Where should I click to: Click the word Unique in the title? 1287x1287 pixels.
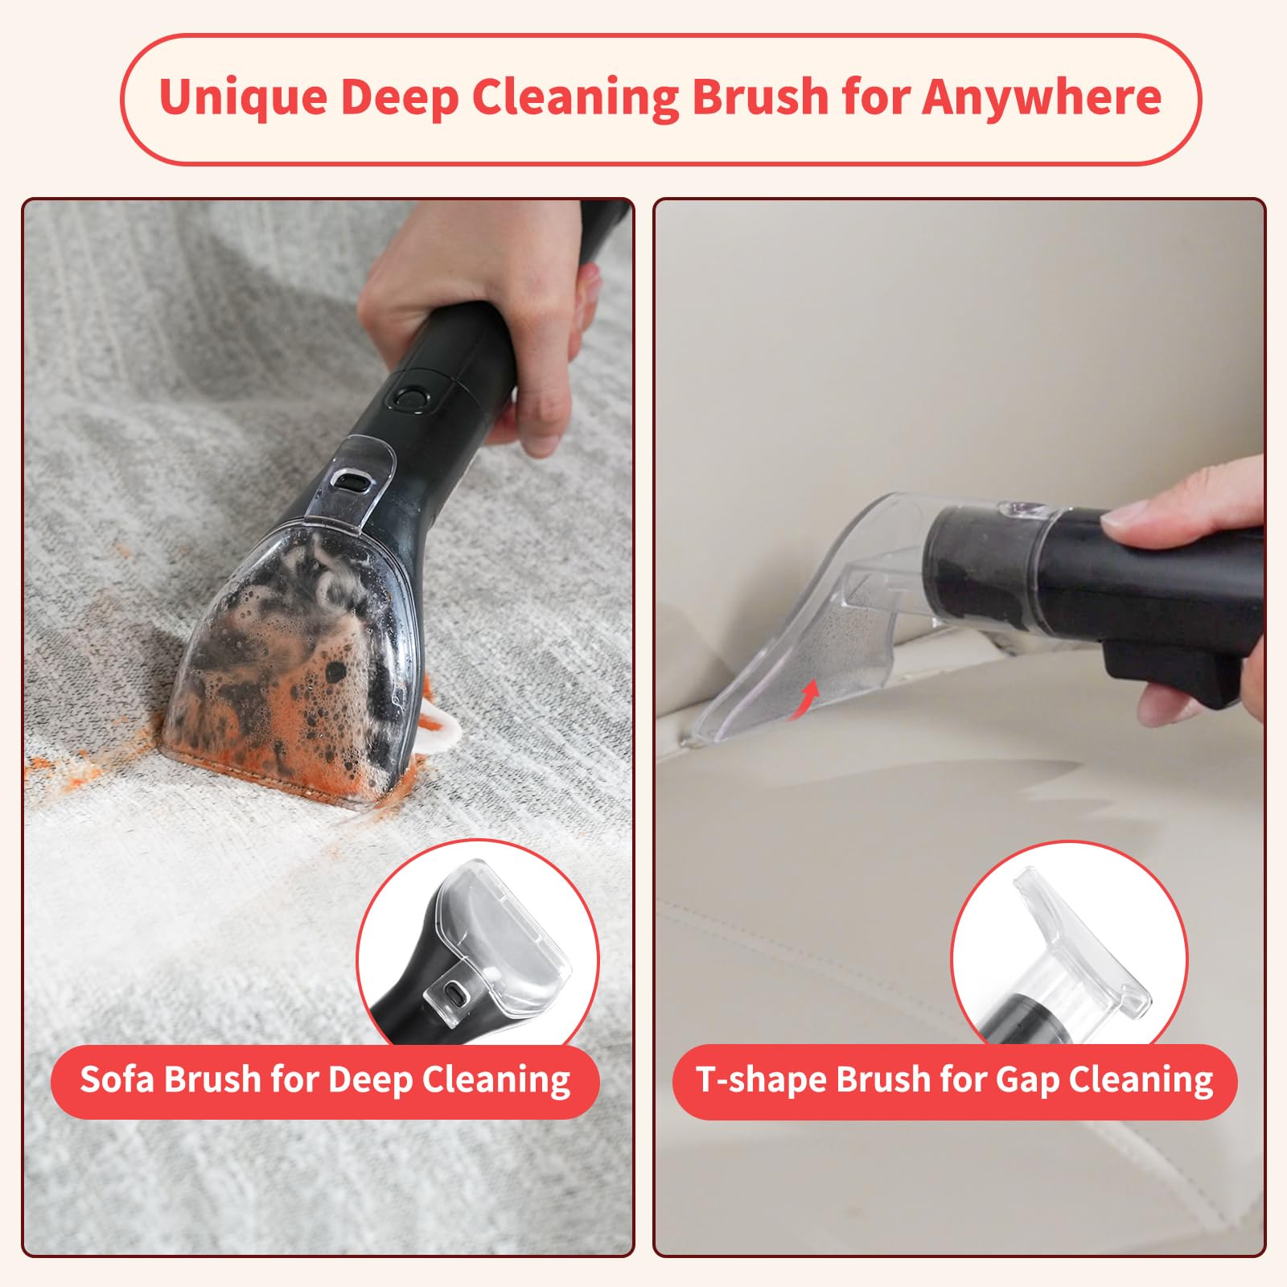coord(242,98)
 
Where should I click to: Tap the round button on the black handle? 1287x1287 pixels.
coord(411,397)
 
